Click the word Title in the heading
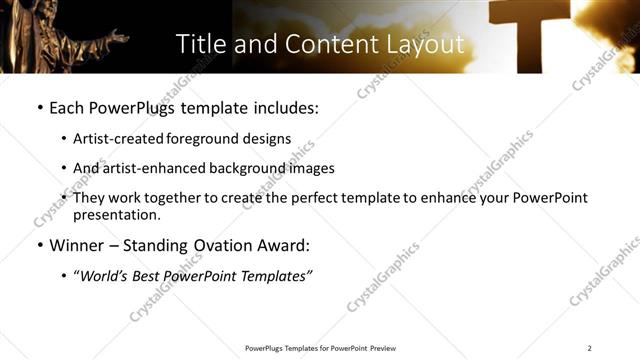200,44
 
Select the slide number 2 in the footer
590,348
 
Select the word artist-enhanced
153,168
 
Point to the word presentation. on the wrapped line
116,214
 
